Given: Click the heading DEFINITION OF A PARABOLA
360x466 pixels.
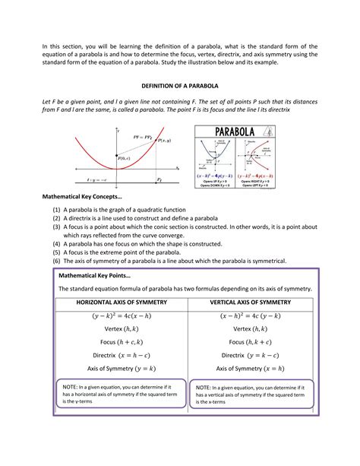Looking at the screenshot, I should click(x=180, y=86).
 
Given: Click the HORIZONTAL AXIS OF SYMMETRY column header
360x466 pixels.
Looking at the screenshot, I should click(x=122, y=302).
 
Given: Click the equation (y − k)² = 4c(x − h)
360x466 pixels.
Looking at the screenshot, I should click(x=122, y=315).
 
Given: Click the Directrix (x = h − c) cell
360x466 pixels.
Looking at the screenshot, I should click(x=122, y=355).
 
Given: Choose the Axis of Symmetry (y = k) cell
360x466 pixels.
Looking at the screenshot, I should click(x=122, y=369).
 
